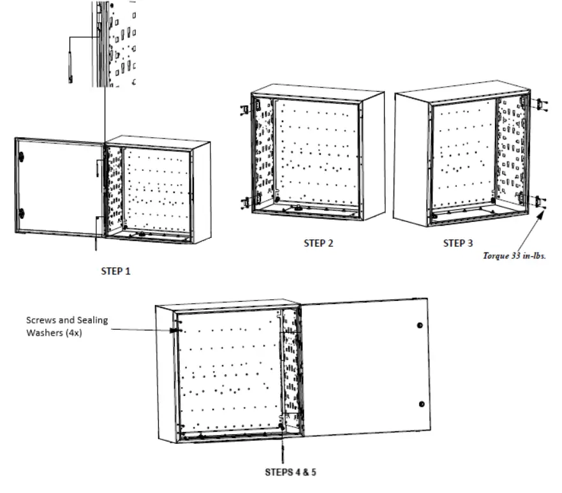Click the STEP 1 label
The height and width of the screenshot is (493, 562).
tap(115, 271)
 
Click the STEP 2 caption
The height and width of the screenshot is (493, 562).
tap(318, 243)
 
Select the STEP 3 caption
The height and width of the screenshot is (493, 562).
tap(459, 243)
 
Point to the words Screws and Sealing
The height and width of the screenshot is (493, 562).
tap(67, 320)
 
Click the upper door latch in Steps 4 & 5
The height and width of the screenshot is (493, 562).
tap(419, 326)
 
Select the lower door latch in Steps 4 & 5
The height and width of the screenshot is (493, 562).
tap(421, 404)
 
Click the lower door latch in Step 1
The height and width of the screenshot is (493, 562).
tap(21, 212)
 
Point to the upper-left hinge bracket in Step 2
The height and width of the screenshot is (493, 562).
tap(245, 108)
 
